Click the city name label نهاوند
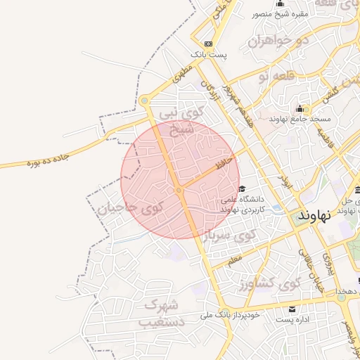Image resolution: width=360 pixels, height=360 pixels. [314, 214]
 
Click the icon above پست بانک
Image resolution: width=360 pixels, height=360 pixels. [208, 44]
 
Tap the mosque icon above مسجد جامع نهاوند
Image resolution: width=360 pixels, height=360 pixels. [300, 108]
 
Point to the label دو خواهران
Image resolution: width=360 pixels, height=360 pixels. [278, 40]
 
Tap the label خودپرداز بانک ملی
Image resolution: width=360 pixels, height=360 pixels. [230, 315]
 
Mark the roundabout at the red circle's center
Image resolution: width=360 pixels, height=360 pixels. [179, 190]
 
